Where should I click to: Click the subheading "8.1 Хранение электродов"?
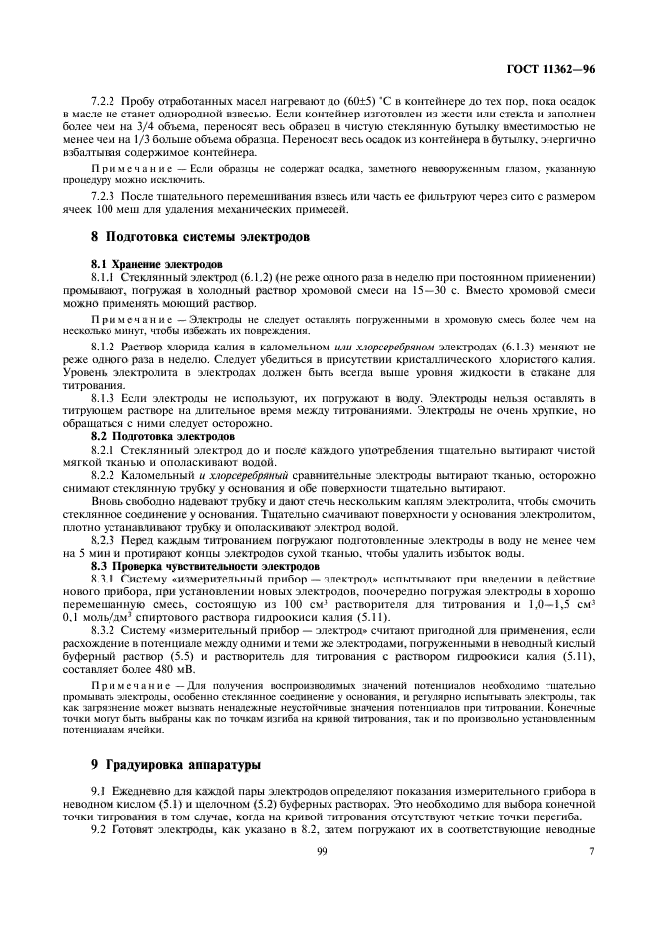pyautogui.click(x=150, y=263)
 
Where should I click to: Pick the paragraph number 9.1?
pyautogui.click(x=98, y=790)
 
